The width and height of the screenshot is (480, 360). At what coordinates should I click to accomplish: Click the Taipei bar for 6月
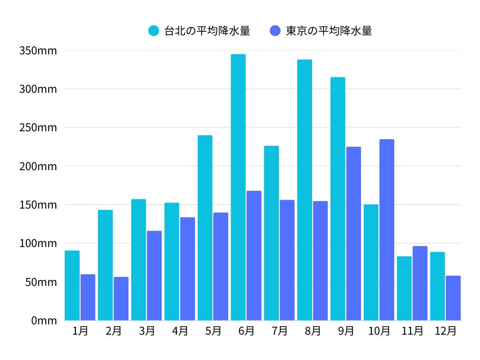tap(238, 187)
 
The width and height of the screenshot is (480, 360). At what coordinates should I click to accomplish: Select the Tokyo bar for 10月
tap(387, 230)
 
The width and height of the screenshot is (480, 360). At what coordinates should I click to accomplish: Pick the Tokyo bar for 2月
tap(121, 299)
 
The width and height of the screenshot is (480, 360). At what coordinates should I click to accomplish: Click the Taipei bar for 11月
tap(404, 288)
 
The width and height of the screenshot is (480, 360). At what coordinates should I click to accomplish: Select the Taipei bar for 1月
tap(72, 285)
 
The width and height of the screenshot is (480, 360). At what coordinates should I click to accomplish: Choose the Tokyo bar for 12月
tap(453, 298)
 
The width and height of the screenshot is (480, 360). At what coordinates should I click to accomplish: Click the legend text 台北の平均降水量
tap(207, 31)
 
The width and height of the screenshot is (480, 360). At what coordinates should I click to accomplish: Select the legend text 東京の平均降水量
tap(329, 31)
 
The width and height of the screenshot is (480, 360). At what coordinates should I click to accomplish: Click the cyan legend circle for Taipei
tap(154, 31)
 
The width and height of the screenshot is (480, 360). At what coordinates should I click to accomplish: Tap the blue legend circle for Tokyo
tap(276, 31)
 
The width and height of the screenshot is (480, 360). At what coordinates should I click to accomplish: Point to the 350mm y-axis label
tap(38, 51)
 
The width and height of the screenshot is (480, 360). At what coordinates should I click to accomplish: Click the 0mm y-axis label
tap(44, 321)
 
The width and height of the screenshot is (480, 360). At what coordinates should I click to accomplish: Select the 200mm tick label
tap(38, 166)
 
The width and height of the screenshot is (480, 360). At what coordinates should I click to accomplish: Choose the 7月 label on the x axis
tap(279, 331)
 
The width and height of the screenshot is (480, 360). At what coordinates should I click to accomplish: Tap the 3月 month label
tap(147, 331)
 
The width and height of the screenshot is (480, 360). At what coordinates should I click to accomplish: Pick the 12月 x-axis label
tap(445, 331)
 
